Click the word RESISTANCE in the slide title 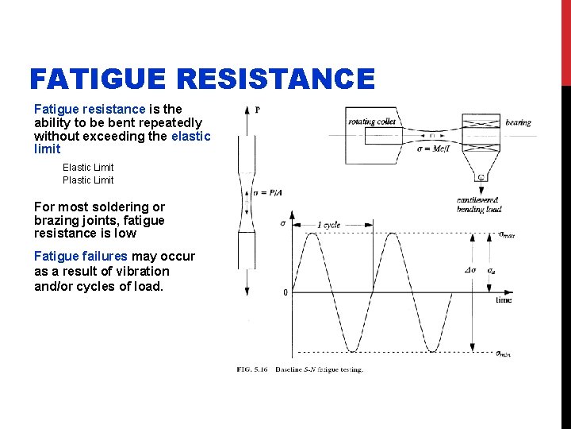(276, 79)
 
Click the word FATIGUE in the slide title (99, 79)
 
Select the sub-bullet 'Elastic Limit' (88, 168)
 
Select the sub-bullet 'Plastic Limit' (88, 180)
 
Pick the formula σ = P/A (266, 193)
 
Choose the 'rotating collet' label (371, 122)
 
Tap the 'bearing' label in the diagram (518, 123)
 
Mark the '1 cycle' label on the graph (328, 225)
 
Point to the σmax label (506, 235)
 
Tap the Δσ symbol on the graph (470, 270)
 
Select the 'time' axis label (504, 300)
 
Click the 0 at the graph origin (285, 292)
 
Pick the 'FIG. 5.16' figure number (251, 369)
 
